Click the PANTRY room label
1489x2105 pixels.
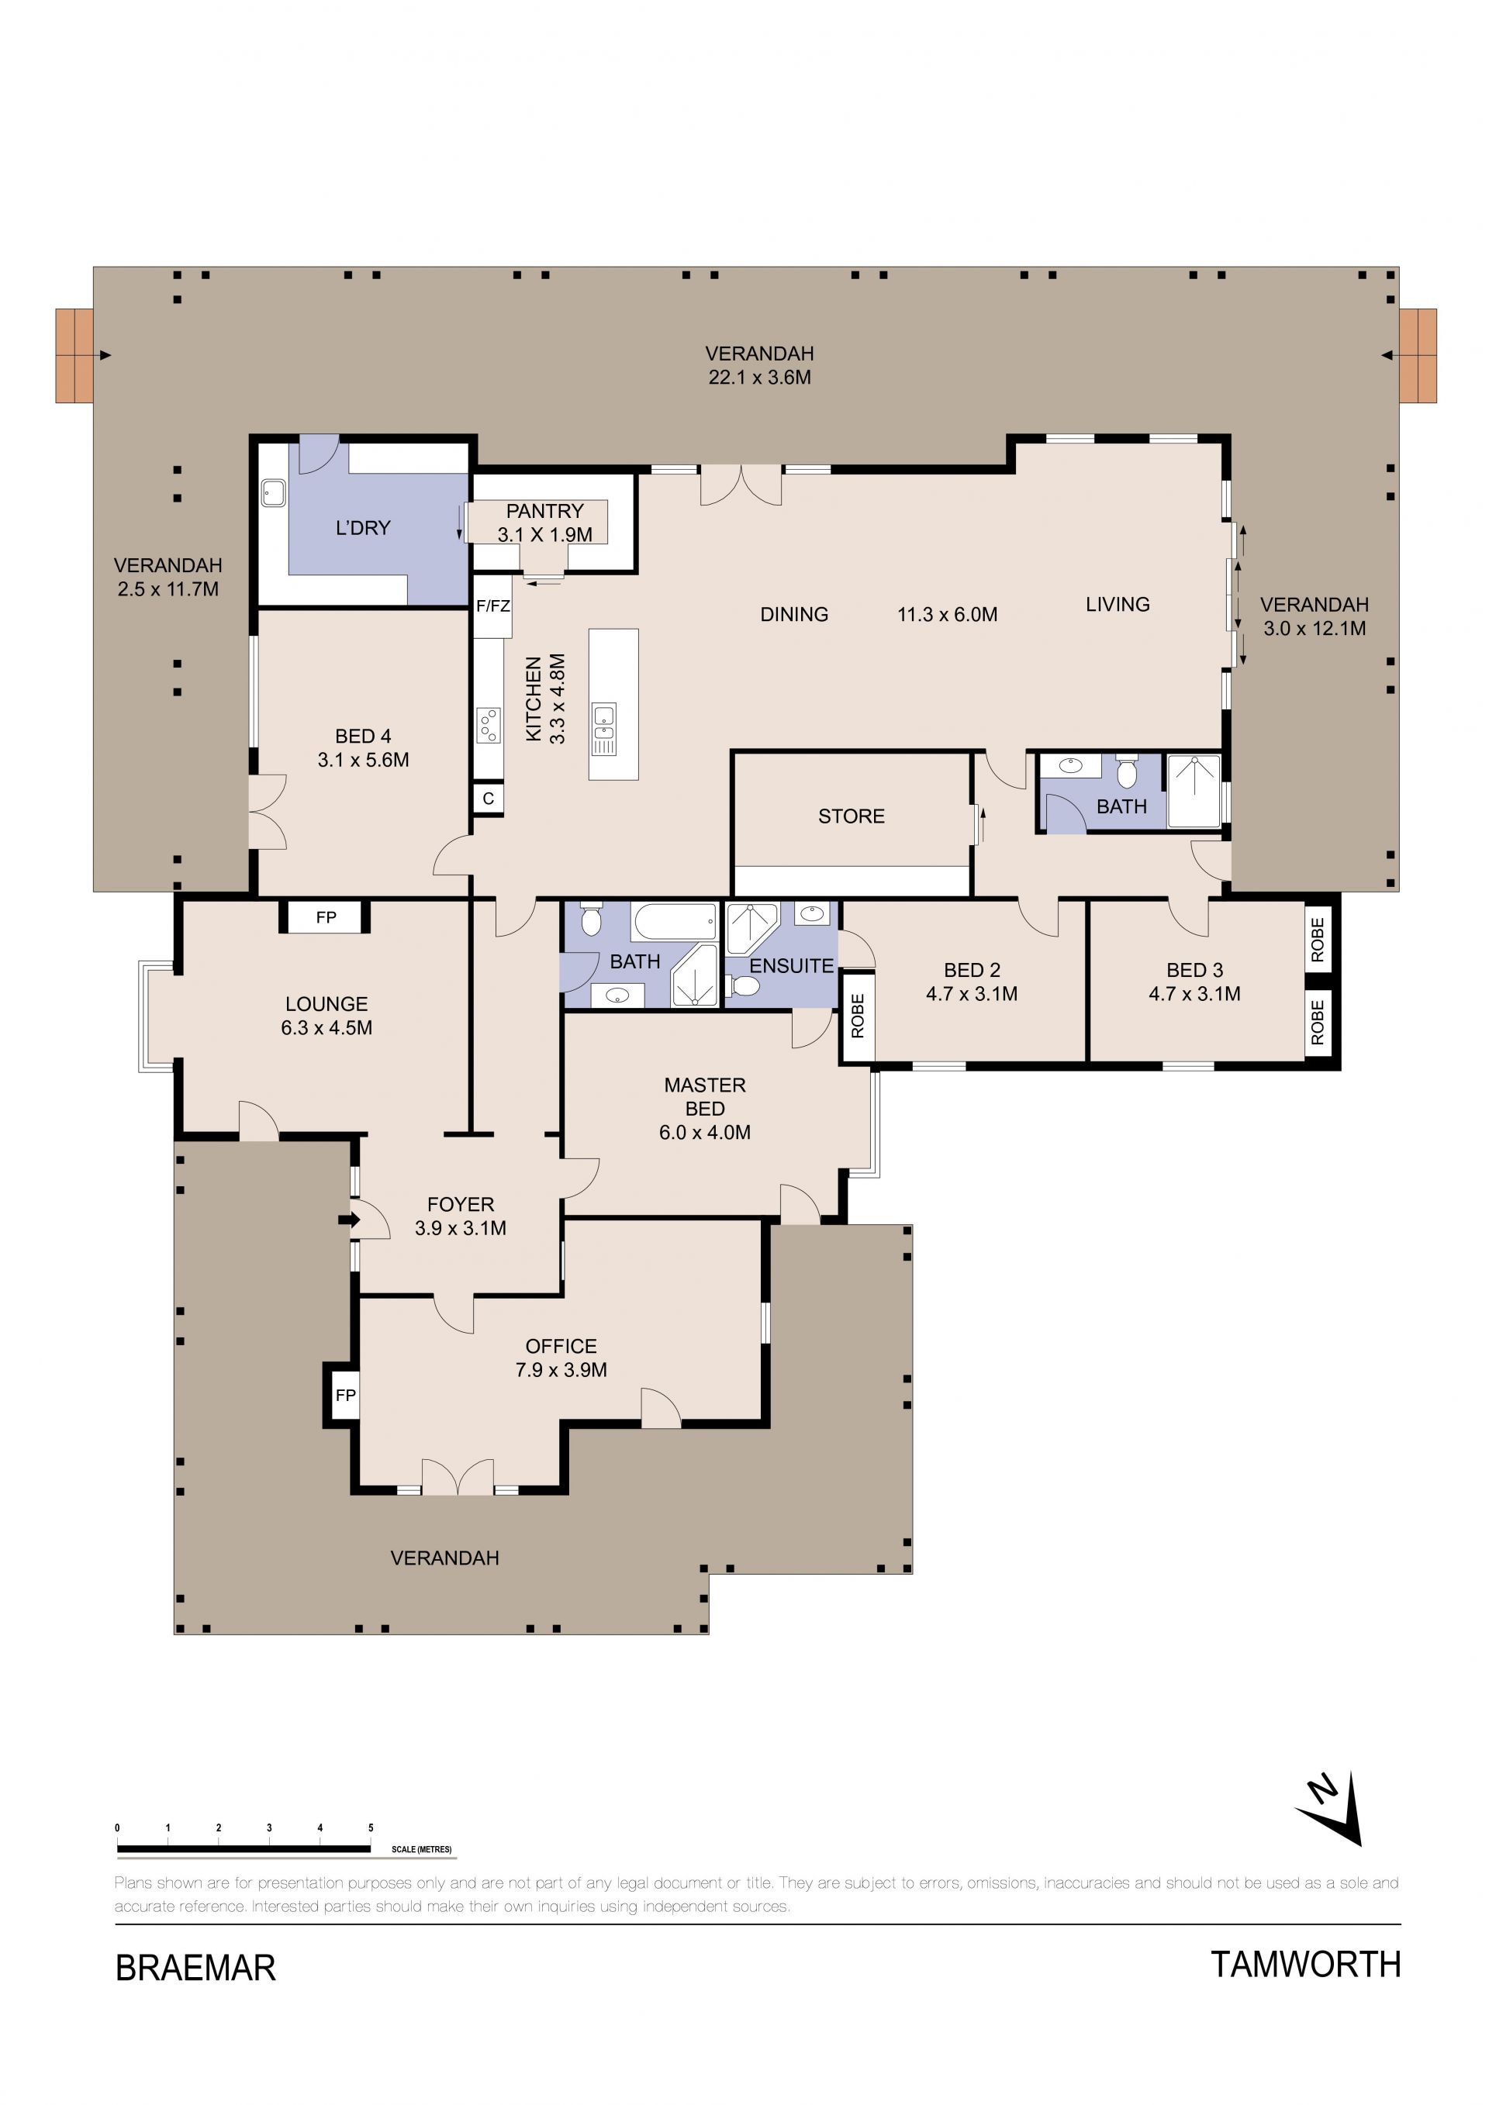(544, 511)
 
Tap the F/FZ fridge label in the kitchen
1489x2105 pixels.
(493, 606)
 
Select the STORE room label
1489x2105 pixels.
(851, 816)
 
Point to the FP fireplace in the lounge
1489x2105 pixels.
(326, 916)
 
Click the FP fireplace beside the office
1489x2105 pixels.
(345, 1396)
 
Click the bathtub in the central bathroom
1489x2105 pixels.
(675, 921)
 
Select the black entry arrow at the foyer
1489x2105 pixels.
(349, 1220)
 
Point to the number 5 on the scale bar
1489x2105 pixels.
(371, 1828)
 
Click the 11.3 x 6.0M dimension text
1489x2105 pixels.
(947, 614)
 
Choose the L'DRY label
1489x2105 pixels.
(363, 527)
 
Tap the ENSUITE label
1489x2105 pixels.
(791, 965)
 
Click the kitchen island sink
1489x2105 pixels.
(603, 729)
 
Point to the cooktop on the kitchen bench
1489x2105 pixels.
(489, 725)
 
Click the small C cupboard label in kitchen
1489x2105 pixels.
(488, 799)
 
